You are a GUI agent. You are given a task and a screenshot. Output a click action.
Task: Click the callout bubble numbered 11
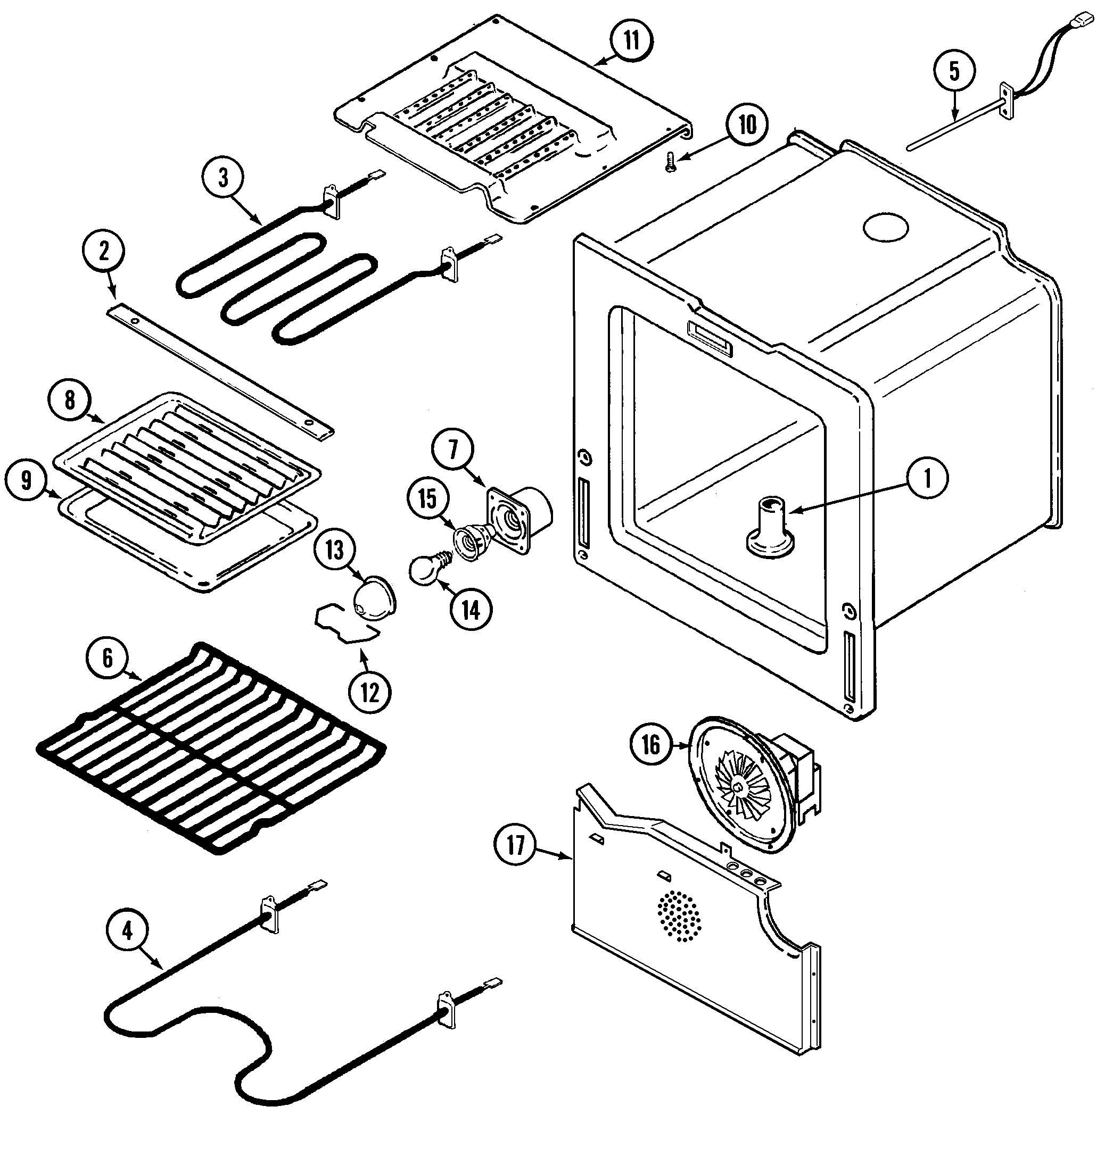click(x=631, y=40)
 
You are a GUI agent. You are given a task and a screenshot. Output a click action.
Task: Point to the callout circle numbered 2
click(x=104, y=252)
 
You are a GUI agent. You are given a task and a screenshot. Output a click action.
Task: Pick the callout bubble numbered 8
click(x=70, y=400)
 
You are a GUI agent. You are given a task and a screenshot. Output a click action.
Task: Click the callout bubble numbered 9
click(x=26, y=480)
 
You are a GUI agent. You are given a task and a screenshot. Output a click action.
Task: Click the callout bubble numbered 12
click(x=369, y=692)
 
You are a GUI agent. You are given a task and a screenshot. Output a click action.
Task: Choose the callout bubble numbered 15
click(x=428, y=499)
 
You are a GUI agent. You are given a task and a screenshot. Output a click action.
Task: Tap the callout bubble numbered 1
click(x=928, y=478)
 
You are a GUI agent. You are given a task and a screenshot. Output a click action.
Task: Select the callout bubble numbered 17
click(x=516, y=845)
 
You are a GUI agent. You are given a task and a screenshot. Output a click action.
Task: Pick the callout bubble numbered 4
click(x=128, y=930)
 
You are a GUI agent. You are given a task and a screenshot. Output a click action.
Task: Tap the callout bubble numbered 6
click(x=108, y=658)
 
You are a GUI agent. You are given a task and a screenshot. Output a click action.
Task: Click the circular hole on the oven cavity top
click(x=886, y=227)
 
